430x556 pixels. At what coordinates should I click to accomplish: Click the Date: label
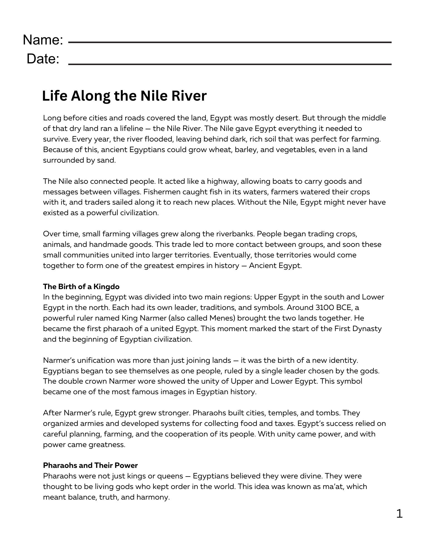click(x=43, y=59)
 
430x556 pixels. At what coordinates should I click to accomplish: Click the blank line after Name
click(x=230, y=42)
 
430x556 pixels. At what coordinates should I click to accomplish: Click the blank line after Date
click(x=230, y=64)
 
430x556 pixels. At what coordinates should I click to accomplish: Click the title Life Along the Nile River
click(x=124, y=96)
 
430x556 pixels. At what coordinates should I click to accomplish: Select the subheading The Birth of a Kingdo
click(x=81, y=286)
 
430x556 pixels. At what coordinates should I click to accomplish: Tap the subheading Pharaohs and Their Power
click(x=90, y=465)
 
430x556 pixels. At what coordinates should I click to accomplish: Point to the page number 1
click(x=399, y=513)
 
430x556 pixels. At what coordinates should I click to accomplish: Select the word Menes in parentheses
click(x=220, y=318)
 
